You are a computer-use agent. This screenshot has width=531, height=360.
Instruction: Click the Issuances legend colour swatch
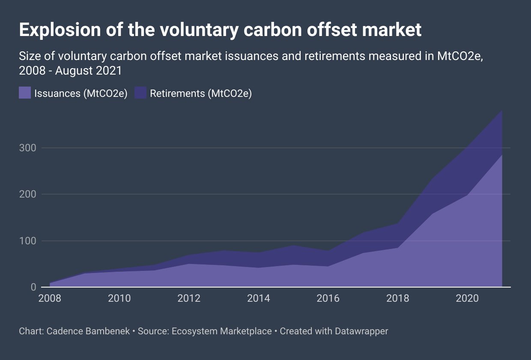pos(25,93)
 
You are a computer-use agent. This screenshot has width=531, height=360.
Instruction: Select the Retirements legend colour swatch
pos(140,93)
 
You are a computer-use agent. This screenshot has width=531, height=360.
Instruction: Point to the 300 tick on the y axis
pos(28,148)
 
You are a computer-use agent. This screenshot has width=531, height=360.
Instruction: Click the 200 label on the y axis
pos(28,194)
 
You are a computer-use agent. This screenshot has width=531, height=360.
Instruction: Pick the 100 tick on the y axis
pos(28,241)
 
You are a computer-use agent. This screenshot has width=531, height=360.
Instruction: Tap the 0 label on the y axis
pos(33,287)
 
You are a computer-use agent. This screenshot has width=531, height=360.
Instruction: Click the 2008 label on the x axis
pos(50,298)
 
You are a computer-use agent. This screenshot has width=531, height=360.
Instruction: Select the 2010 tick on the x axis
pos(119,298)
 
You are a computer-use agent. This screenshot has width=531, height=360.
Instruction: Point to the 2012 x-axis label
pos(189,298)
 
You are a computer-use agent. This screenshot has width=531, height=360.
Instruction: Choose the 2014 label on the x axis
pos(258,298)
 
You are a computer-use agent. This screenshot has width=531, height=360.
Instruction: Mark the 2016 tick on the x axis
pos(328,298)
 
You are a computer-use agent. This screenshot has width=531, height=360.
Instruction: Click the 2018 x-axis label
pos(397,298)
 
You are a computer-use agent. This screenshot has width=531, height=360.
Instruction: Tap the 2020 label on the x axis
pos(467,298)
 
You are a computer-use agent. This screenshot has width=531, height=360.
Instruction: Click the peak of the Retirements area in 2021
pos(501,111)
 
